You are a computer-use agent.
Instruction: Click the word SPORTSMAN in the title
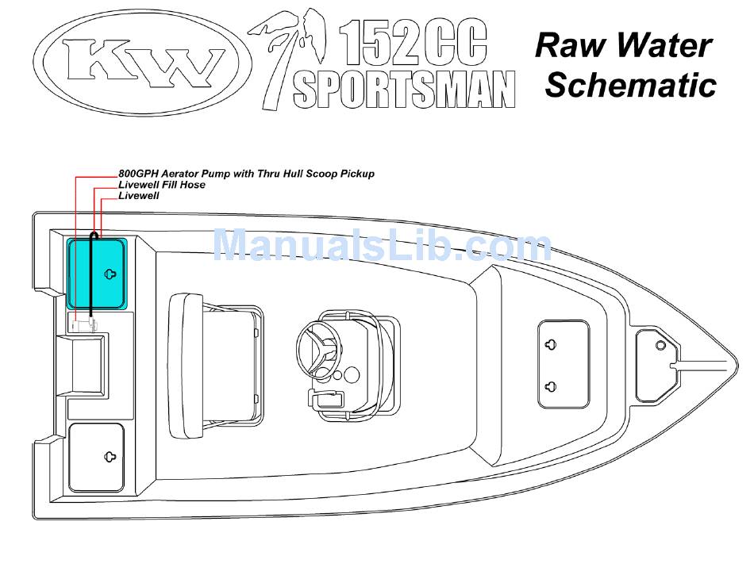pyautogui.click(x=404, y=90)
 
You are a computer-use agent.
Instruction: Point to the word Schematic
pyautogui.click(x=631, y=85)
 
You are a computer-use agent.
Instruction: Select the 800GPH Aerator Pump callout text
pyautogui.click(x=246, y=174)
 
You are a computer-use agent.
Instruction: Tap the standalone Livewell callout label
pyautogui.click(x=139, y=195)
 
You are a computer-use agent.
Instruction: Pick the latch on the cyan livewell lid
pyautogui.click(x=111, y=274)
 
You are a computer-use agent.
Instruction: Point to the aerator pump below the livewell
pyautogui.click(x=82, y=323)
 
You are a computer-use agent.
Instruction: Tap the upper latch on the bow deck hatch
pyautogui.click(x=552, y=345)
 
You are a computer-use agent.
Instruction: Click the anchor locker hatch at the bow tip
pyautogui.click(x=658, y=366)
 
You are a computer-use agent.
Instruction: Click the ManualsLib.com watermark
pyautogui.click(x=382, y=245)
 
